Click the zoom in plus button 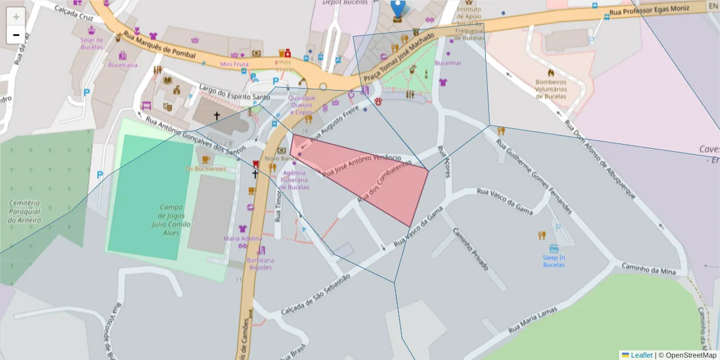click(x=16, y=17)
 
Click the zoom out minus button click(x=16, y=35)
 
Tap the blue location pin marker click(x=397, y=9)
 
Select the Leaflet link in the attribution click(x=641, y=355)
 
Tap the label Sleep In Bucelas click(x=554, y=261)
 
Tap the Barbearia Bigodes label click(x=260, y=264)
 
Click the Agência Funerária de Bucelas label click(x=295, y=180)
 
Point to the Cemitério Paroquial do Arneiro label click(x=25, y=212)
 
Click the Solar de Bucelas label click(x=92, y=44)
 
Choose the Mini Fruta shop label click(x=234, y=64)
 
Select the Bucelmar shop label click(x=448, y=63)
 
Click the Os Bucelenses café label click(x=206, y=169)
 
